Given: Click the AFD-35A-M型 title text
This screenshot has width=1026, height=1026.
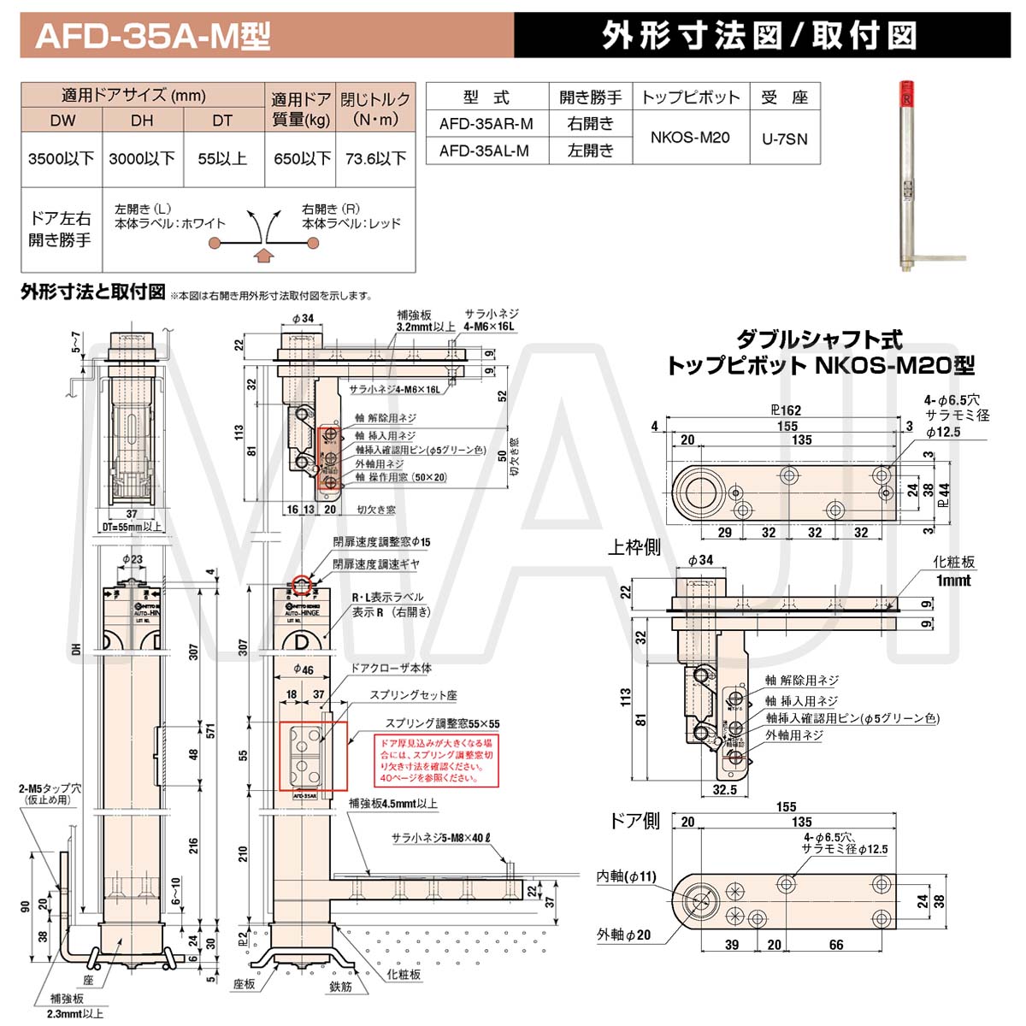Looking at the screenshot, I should [x=153, y=36].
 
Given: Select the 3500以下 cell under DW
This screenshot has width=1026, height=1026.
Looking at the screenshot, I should [x=61, y=158].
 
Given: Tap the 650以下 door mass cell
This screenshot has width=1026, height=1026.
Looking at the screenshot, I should [x=302, y=158].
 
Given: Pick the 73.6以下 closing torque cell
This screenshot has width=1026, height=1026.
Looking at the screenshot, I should [x=375, y=158].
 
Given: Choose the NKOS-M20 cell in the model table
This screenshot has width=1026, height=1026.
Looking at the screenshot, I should [x=690, y=137].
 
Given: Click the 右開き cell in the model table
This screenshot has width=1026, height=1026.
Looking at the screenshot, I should [x=590, y=123].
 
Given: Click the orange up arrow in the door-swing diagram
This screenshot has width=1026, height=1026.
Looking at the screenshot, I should [x=263, y=254].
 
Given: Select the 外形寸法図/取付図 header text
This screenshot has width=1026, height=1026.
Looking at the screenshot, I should [x=759, y=36].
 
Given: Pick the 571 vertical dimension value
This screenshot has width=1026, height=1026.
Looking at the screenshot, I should [x=210, y=731].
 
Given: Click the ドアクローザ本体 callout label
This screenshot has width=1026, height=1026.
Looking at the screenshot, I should [x=392, y=668].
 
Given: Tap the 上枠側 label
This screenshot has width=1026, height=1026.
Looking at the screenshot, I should [x=634, y=547].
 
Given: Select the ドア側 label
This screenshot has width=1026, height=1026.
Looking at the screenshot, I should [x=634, y=821].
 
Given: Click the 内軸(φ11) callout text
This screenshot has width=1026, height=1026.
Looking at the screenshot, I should [x=627, y=876].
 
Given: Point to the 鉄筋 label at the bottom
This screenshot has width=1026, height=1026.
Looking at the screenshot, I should [x=340, y=1010].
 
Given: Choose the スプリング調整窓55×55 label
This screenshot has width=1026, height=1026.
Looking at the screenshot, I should [x=442, y=723].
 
